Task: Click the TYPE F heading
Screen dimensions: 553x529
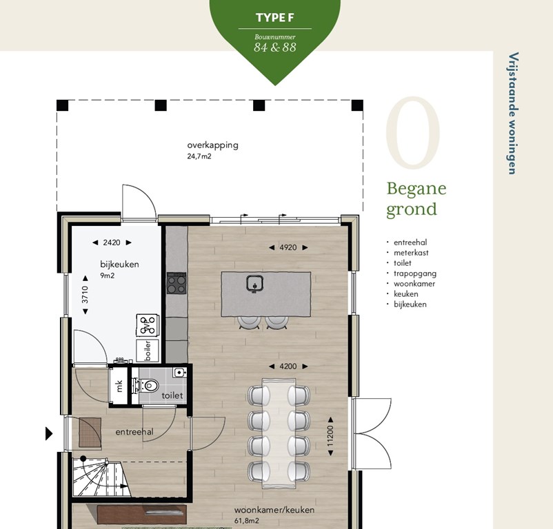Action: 274,18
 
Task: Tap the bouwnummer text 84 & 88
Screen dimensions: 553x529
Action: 274,48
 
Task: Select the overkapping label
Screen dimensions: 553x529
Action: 212,145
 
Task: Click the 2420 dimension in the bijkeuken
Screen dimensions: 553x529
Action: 112,242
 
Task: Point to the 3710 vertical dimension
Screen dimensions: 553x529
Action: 86,295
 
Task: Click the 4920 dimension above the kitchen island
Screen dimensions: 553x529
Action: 288,247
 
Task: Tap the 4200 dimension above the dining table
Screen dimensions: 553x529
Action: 288,366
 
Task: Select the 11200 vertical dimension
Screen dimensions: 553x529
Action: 330,436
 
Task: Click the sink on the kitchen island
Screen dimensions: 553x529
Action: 254,284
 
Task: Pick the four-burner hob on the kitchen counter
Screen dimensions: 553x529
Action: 177,284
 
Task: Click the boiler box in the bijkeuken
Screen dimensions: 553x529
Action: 148,351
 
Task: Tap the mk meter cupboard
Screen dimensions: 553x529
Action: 119,386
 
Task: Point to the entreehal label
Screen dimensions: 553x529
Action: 134,432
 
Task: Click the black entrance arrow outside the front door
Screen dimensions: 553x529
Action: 49,433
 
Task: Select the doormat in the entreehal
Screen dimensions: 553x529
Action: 90,433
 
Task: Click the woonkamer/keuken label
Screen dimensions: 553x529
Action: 274,510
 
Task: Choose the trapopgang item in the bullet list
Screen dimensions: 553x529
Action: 415,273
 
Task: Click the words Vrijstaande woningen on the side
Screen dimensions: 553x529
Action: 513,114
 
